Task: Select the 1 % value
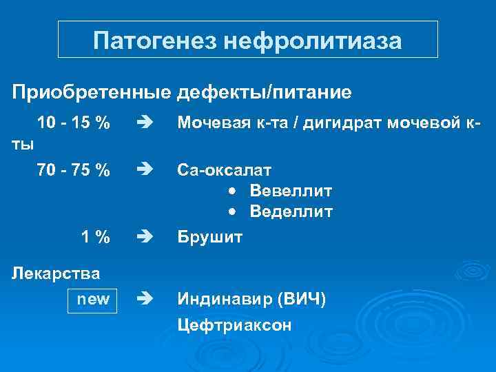(x=95, y=238)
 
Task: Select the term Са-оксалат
(x=225, y=169)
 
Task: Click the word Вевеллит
(x=291, y=190)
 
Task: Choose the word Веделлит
(x=291, y=211)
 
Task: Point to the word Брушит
(x=210, y=238)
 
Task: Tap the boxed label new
(x=92, y=300)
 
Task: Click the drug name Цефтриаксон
(x=234, y=324)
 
